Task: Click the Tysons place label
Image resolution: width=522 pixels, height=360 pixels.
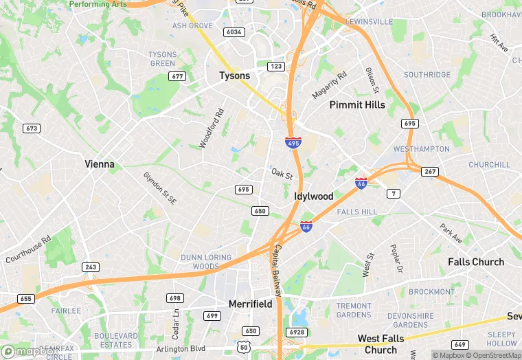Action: [x=234, y=76]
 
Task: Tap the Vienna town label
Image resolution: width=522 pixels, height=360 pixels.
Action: [x=100, y=164]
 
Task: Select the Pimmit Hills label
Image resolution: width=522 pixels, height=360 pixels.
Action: [x=357, y=105]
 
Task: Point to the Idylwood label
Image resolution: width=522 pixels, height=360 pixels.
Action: [x=313, y=196]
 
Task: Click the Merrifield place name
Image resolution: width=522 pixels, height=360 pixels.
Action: [x=250, y=304]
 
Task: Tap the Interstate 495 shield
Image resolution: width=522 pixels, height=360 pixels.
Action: [x=293, y=142]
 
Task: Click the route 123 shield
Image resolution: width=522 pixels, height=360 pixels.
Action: [x=276, y=67]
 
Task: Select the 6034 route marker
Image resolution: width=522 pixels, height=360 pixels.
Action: [x=234, y=32]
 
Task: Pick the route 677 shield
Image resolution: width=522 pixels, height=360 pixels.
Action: [x=178, y=76]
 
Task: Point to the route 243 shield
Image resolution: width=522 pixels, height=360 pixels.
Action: [x=90, y=267]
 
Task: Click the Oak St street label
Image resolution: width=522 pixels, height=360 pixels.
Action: [x=282, y=175]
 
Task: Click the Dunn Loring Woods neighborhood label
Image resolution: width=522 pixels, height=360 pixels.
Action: [x=201, y=262]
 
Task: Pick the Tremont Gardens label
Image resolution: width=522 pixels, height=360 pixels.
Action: [x=354, y=311]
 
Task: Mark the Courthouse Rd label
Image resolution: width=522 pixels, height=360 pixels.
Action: [x=28, y=251]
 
